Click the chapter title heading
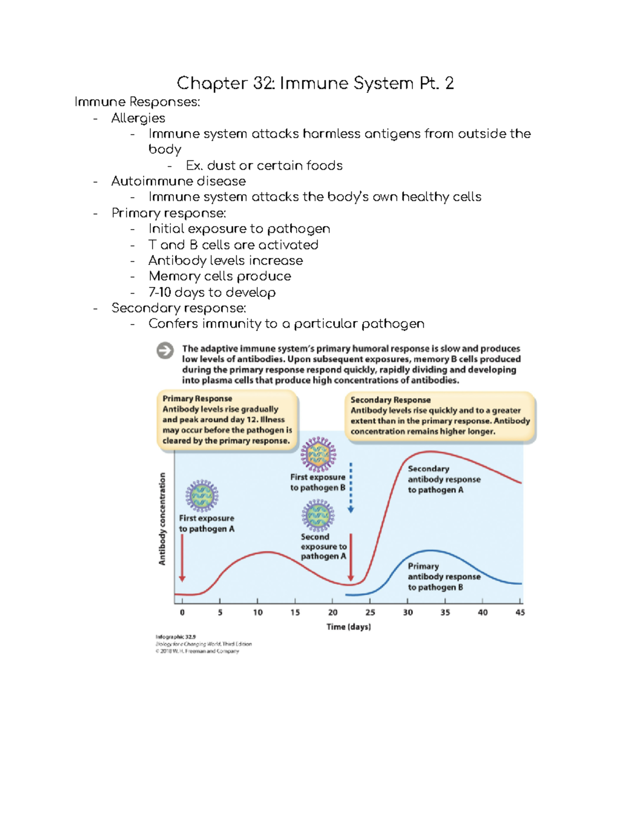pos(315,83)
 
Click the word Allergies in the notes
pos(138,118)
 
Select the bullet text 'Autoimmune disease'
pos(178,181)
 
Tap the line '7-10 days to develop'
pos(212,292)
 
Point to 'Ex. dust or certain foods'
pos(264,166)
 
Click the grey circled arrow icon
pos(165,350)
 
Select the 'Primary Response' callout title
pos(197,398)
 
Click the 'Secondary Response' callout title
pos(390,400)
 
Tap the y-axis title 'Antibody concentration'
pos(162,519)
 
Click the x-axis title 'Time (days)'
pos(348,626)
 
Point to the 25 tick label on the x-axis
pos(370,612)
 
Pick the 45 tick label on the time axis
pos(520,612)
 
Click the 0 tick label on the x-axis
pos(182,612)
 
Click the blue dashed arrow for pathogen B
pos(351,488)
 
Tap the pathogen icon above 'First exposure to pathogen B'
pos(318,454)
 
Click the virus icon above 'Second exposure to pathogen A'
pos(318,515)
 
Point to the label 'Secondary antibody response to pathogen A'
pos(444,479)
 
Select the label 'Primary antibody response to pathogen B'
pos(444,576)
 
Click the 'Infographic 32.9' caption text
pos(176,636)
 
